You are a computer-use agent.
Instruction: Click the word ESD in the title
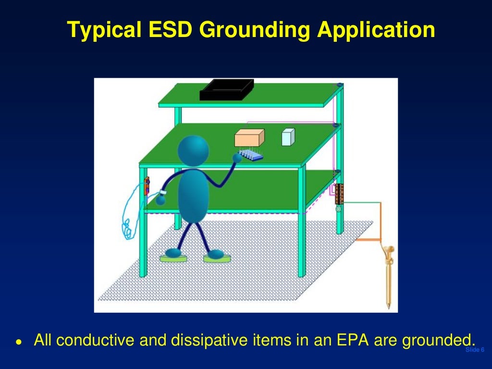point(168,30)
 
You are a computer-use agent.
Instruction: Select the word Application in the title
point(376,30)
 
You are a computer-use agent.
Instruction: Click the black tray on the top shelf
point(226,90)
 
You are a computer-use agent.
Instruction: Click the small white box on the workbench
point(287,137)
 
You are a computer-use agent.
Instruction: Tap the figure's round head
point(193,151)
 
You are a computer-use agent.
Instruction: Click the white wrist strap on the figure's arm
point(163,193)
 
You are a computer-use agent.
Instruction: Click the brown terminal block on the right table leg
point(339,194)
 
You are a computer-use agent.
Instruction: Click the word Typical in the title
point(103,30)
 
